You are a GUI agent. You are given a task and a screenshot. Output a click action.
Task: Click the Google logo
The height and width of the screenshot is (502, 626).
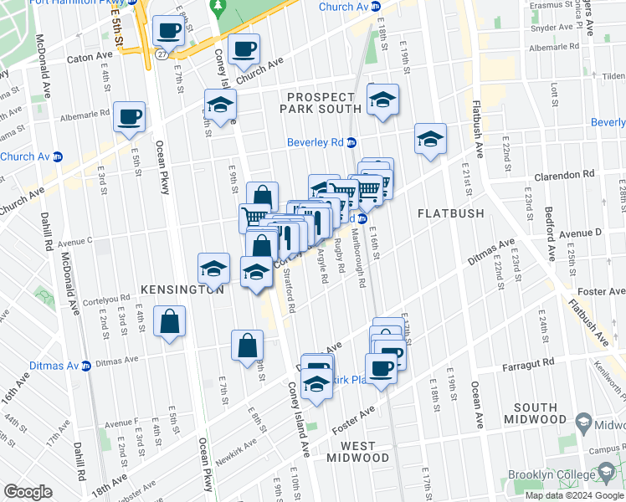[x=28, y=492]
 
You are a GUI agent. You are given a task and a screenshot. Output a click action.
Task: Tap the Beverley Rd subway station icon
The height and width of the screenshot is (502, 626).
[x=351, y=143]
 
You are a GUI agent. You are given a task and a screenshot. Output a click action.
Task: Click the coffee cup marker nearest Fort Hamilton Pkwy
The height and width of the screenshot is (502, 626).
[x=169, y=32]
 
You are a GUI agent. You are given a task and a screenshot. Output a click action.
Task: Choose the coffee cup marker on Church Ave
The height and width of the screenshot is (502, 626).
[x=244, y=50]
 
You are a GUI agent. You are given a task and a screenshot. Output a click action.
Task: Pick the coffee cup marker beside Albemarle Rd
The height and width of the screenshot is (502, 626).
[x=129, y=118]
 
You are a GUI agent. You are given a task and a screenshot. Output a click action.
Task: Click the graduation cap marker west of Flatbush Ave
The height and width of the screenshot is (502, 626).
[x=430, y=140]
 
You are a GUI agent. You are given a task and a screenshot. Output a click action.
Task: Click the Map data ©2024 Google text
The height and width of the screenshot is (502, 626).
[x=573, y=495]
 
